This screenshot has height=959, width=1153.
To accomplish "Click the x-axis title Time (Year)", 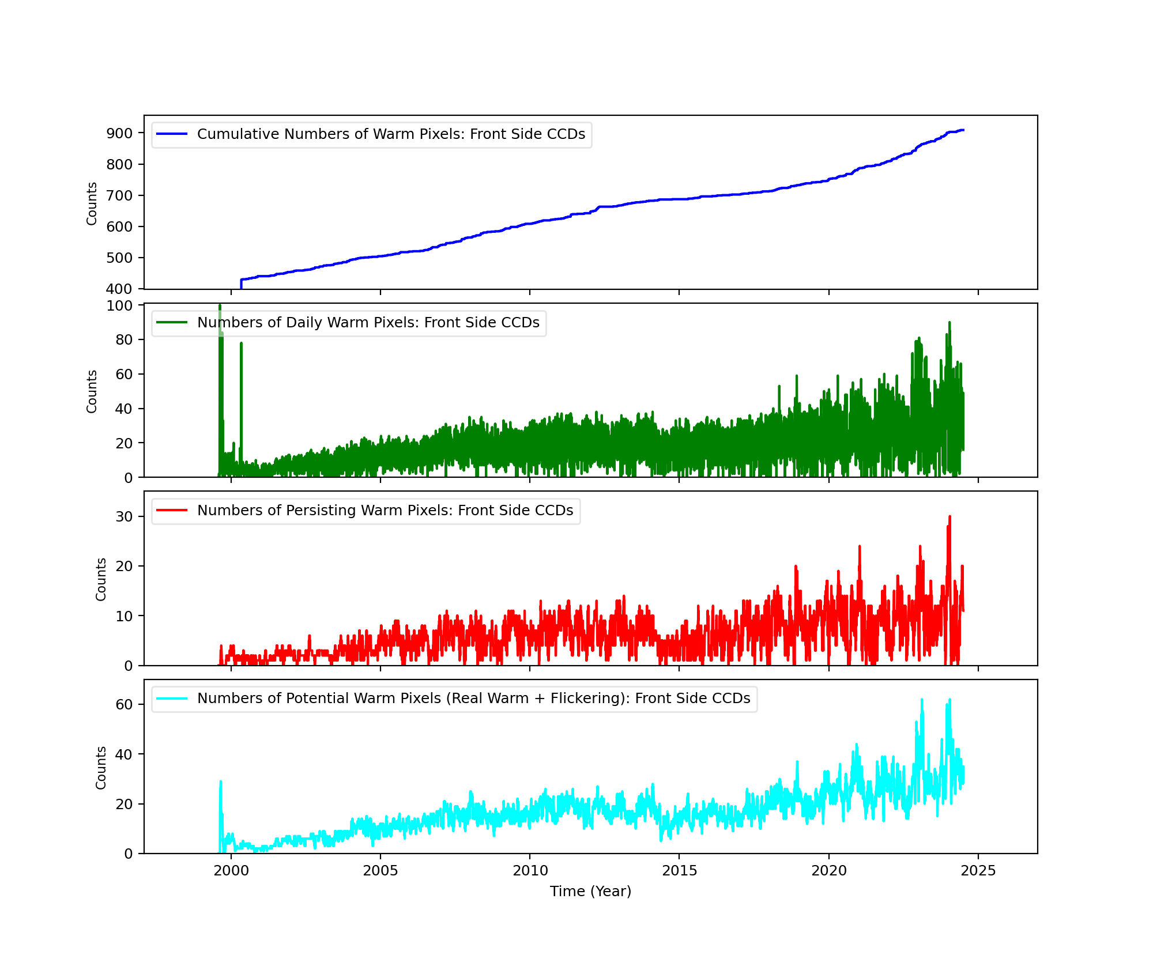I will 590,892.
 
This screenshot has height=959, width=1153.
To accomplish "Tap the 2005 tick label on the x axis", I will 380,871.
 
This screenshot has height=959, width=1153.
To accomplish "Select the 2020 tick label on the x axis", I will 829,871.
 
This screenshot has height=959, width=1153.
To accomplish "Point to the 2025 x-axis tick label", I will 978,871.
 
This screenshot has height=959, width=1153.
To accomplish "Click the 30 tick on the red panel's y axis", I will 124,516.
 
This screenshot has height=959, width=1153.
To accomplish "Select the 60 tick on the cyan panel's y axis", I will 124,704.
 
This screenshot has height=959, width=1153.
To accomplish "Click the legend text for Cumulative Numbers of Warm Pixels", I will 391,134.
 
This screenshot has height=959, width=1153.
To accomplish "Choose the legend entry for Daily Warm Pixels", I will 368,323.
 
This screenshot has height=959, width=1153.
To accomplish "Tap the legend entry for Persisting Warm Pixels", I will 385,511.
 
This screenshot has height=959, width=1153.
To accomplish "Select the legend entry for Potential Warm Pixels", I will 473,699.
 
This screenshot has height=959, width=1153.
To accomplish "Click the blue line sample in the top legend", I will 172,134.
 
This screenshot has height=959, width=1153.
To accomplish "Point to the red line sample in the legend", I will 172,511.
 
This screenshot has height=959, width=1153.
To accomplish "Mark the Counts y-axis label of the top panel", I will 92,203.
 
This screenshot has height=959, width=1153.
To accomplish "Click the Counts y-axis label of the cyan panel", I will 101,768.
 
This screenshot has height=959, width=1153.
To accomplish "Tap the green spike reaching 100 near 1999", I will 220,306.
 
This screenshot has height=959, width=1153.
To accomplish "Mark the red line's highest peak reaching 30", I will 949,517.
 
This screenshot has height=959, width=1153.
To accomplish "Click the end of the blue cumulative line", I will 963,130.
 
